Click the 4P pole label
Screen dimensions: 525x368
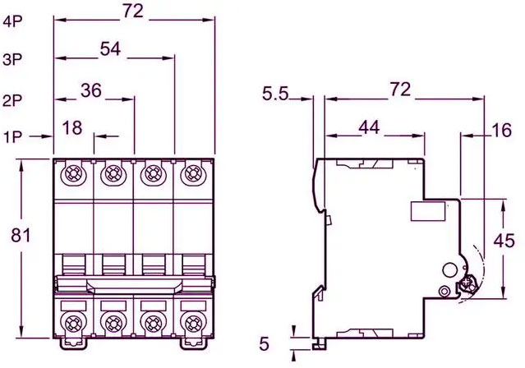[x=12, y=21]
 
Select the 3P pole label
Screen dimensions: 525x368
[x=12, y=60]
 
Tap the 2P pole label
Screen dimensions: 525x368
[x=12, y=100]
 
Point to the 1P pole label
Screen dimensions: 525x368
[x=12, y=137]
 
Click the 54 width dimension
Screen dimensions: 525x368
[x=110, y=49]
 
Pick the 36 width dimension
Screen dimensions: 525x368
[x=91, y=90]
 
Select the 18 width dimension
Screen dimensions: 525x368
[x=72, y=128]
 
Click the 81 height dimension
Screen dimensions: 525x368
[x=21, y=235]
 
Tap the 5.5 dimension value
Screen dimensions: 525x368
[x=275, y=94]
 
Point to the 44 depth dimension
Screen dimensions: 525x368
[x=370, y=127]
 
